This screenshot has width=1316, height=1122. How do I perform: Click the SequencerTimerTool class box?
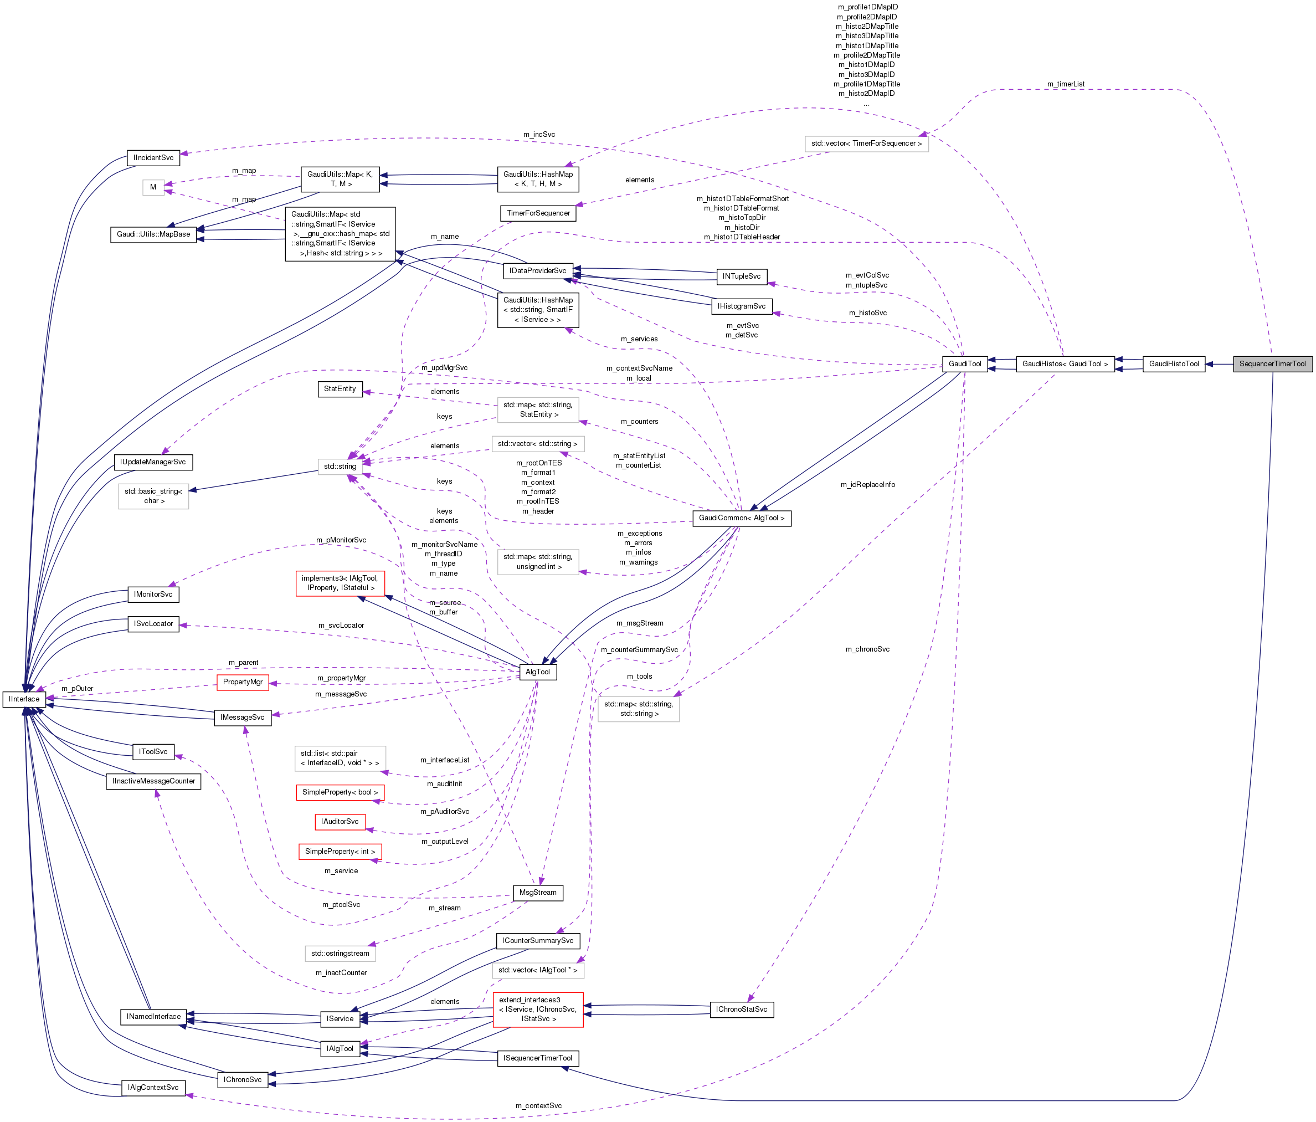(1272, 364)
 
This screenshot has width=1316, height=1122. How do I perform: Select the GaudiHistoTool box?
(1173, 364)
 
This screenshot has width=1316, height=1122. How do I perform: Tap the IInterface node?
(23, 699)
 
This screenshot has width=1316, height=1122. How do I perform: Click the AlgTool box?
(537, 672)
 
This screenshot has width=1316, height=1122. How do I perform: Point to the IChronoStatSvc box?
(741, 1010)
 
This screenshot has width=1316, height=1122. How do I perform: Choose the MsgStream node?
(537, 892)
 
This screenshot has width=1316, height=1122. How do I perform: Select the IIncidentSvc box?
(153, 157)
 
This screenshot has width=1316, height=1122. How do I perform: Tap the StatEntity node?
(340, 389)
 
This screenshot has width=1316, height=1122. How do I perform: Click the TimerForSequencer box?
(538, 213)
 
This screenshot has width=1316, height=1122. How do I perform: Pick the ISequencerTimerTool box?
(537, 1058)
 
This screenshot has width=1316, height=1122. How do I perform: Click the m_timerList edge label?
(1066, 84)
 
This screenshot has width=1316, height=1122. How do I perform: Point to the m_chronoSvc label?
(867, 649)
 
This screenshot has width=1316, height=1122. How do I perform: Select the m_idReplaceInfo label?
(867, 485)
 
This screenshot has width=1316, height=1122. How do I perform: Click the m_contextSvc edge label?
(538, 1106)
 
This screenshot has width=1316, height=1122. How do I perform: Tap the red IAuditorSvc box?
(340, 822)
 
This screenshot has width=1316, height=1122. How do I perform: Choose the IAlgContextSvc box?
(153, 1088)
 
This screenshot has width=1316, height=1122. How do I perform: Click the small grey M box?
(153, 187)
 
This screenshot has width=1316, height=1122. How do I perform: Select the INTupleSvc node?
(741, 276)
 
